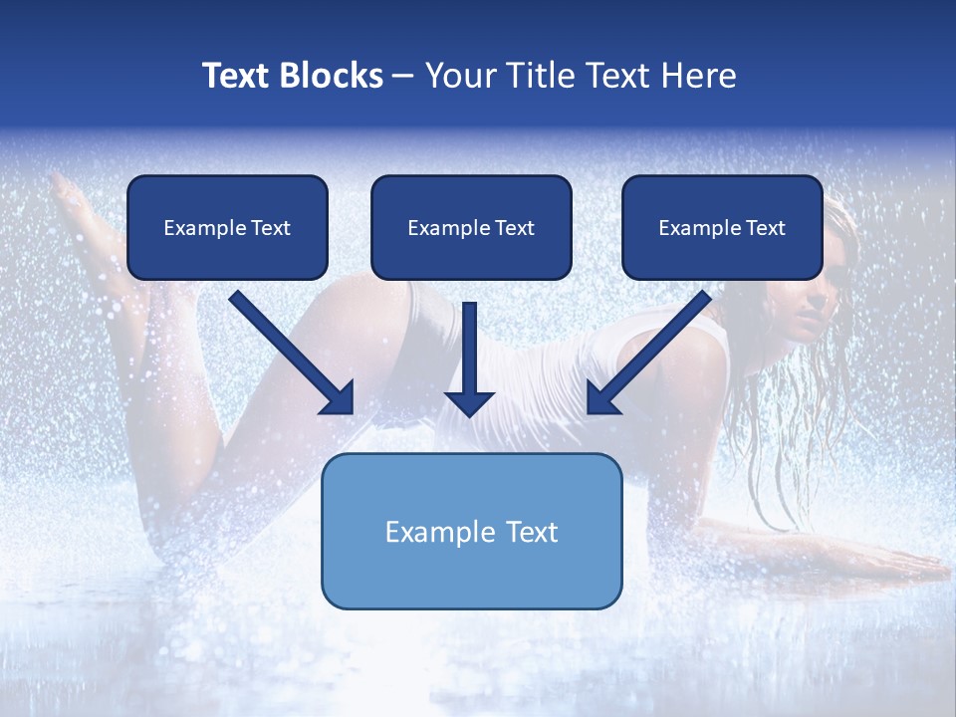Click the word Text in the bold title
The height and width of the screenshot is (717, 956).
235,76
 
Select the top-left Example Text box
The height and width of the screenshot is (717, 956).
227,227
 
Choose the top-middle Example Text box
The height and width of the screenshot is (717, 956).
471,227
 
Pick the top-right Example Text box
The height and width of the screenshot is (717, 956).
722,227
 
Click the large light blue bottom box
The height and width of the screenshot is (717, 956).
471,578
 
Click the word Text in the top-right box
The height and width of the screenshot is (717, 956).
765,228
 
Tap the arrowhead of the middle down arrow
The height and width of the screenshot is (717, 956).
469,402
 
